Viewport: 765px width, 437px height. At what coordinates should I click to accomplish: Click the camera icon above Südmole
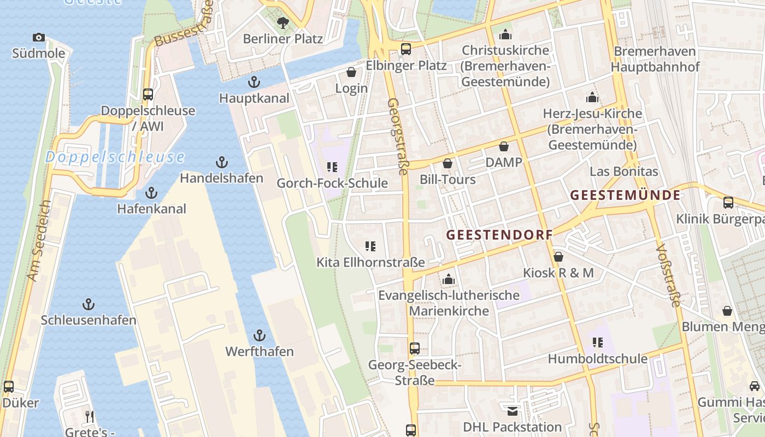point(38,38)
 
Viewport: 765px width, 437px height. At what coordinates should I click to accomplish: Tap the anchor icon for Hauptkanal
point(254,82)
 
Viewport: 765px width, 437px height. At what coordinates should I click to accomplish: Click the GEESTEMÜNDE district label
point(625,195)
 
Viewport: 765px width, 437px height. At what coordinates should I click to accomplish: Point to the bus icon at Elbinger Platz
point(405,49)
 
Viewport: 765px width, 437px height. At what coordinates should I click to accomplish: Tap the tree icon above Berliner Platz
point(283,22)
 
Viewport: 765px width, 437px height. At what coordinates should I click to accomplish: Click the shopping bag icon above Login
point(351,72)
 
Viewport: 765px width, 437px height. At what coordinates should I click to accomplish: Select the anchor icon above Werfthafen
point(260,335)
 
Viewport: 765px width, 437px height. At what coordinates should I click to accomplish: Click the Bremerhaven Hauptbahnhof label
point(655,59)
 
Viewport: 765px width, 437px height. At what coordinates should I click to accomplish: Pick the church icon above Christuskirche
point(505,34)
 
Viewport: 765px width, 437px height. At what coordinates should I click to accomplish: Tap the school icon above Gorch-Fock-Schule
point(332,167)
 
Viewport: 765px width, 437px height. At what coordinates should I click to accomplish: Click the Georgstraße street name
point(397,137)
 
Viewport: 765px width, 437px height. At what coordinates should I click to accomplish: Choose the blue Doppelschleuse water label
point(115,157)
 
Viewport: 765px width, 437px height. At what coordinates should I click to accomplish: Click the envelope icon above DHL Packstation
point(512,411)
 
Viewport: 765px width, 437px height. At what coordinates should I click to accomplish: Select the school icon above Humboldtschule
point(597,342)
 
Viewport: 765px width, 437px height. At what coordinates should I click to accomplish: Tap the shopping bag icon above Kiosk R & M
point(558,256)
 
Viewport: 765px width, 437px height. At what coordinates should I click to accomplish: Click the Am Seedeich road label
point(38,240)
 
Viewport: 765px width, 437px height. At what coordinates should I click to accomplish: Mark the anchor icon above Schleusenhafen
point(88,304)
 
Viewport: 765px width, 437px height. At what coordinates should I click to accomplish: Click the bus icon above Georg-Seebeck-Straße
point(415,348)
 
